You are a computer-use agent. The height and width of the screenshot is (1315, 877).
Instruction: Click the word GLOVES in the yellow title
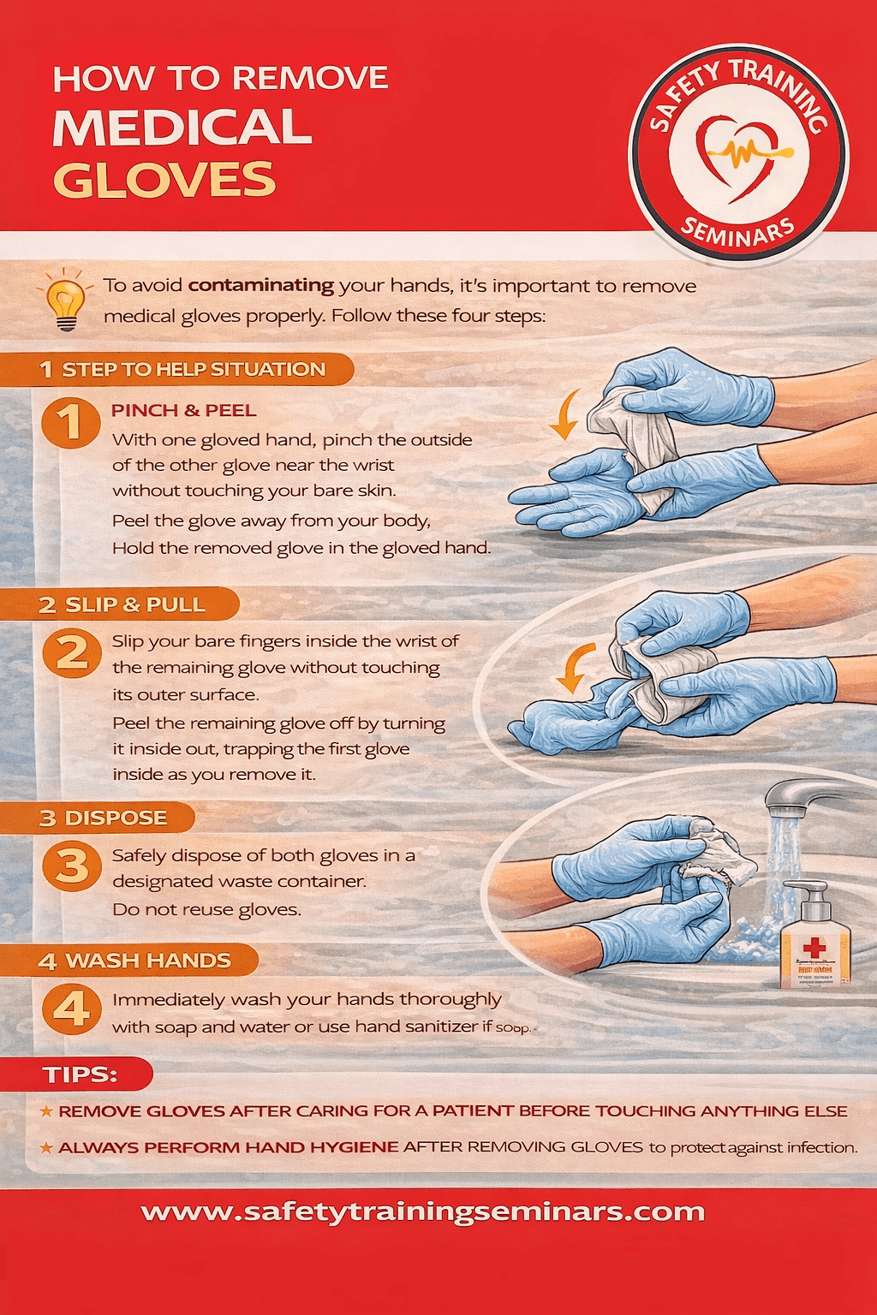click(164, 180)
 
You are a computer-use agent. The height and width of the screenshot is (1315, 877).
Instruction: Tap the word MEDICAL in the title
click(182, 128)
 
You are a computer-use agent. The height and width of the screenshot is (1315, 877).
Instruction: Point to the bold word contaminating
click(261, 285)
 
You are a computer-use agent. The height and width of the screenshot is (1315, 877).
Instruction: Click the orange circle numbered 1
click(71, 422)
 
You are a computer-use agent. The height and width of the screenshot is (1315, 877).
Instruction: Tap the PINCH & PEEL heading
click(183, 410)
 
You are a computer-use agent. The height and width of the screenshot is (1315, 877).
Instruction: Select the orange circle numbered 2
click(72, 653)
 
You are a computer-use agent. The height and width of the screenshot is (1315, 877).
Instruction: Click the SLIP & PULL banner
click(134, 604)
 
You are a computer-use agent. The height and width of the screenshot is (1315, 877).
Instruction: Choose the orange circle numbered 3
click(72, 866)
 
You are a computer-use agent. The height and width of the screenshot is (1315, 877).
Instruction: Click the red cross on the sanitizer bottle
click(814, 946)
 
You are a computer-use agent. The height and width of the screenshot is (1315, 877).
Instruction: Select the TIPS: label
click(80, 1074)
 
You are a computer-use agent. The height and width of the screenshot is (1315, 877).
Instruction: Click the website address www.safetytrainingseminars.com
click(423, 1212)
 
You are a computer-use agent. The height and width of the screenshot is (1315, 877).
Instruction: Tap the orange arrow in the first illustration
click(564, 416)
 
